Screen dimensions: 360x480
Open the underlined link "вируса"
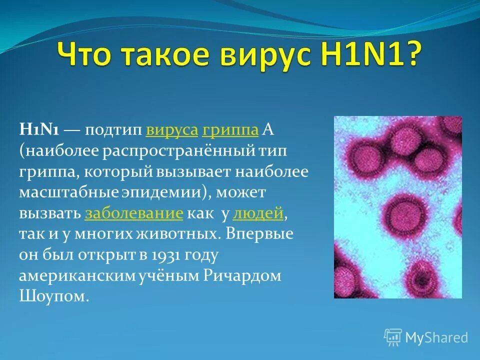[x=172, y=130]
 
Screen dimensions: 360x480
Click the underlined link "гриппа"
[x=230, y=130]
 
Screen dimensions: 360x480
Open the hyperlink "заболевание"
[x=134, y=213]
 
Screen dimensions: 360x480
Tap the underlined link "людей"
[x=258, y=213]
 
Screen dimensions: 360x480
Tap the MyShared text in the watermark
[x=436, y=337]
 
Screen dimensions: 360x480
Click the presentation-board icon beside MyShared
[x=393, y=337]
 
